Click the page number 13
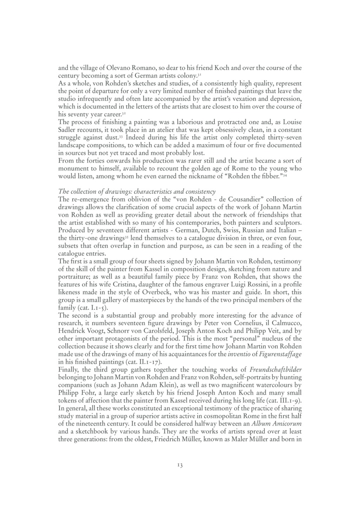[180, 465]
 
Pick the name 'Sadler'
[66, 130]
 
